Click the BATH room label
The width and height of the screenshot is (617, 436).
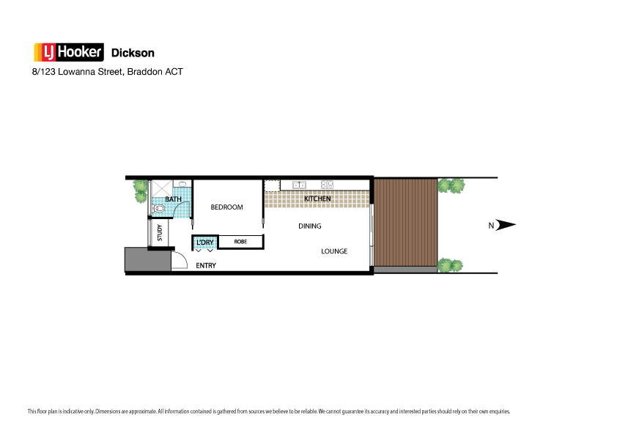tap(173, 199)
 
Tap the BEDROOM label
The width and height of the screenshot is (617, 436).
tap(226, 207)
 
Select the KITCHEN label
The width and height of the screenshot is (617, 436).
tap(317, 199)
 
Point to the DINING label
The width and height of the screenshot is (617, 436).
tap(310, 226)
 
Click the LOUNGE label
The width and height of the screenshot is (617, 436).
tap(334, 251)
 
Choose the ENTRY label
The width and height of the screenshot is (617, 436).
tap(206, 265)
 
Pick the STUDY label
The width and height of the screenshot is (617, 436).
tap(160, 232)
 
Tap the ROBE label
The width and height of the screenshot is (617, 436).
tap(240, 241)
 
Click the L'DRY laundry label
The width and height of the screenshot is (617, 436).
tap(204, 242)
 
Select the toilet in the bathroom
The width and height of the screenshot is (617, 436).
tap(158, 209)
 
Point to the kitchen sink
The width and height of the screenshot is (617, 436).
tap(299, 185)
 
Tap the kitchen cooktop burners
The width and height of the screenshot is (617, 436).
tap(327, 185)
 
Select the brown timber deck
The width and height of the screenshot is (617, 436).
tap(405, 223)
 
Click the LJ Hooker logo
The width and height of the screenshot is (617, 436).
tap(69, 52)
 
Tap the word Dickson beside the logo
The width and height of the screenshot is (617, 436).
tap(132, 53)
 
